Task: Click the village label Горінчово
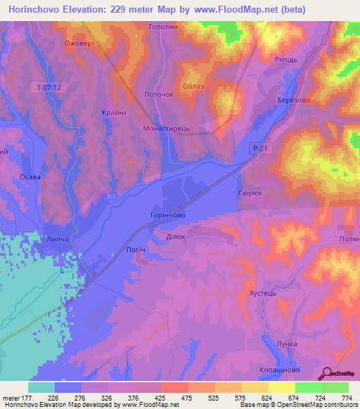click(x=167, y=216)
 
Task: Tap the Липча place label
click(x=58, y=239)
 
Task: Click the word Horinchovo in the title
click(x=39, y=9)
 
